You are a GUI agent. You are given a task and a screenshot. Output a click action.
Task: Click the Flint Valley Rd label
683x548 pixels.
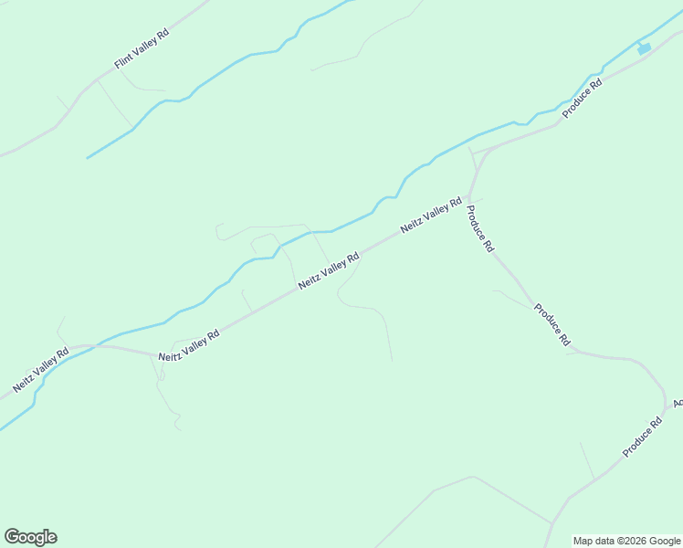pyautogui.click(x=142, y=48)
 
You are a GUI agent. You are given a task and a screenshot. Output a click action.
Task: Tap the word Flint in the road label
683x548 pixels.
pyautogui.click(x=124, y=61)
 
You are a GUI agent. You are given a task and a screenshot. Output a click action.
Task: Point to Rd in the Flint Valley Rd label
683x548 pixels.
pyautogui.click(x=163, y=34)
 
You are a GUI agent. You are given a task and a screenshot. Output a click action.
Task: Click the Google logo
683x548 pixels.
pyautogui.click(x=30, y=537)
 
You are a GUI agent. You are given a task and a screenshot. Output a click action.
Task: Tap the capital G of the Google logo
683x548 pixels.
pyautogui.click(x=12, y=536)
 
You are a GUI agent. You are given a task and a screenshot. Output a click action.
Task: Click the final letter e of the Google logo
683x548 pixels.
pyautogui.click(x=51, y=538)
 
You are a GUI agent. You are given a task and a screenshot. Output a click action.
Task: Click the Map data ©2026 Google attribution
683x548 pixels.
pyautogui.click(x=626, y=541)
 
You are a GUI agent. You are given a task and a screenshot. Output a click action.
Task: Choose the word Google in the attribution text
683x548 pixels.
pyautogui.click(x=664, y=541)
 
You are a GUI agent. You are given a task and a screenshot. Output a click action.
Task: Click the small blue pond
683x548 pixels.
pyautogui.click(x=644, y=48)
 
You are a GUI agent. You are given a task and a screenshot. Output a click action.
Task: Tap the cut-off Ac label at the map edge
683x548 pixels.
pyautogui.click(x=678, y=403)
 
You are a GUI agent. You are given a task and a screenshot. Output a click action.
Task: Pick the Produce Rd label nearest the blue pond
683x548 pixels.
pyautogui.click(x=583, y=98)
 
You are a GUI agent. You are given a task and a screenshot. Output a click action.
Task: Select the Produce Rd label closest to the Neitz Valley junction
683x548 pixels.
pyautogui.click(x=480, y=228)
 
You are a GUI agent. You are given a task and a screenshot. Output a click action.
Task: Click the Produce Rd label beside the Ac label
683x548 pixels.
pyautogui.click(x=642, y=437)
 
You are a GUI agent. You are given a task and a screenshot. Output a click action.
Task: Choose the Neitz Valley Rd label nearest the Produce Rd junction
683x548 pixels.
pyautogui.click(x=430, y=216)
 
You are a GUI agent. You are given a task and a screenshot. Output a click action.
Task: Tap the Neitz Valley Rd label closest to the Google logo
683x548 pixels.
pyautogui.click(x=42, y=371)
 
